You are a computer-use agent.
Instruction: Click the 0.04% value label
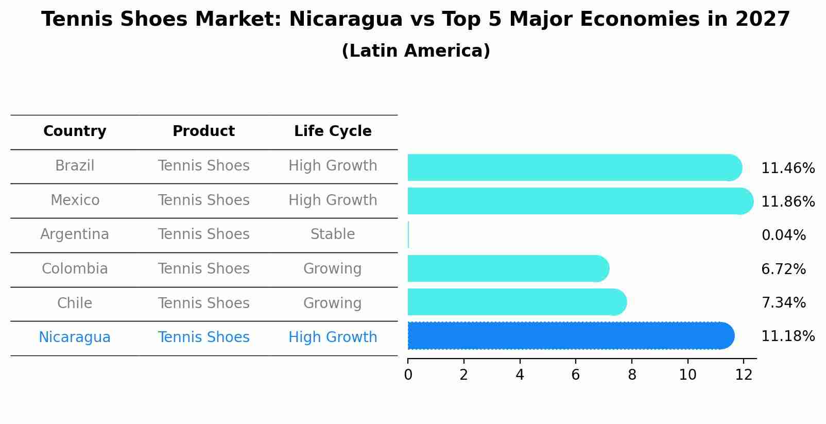[x=783, y=235]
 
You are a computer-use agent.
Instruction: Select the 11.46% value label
[x=787, y=168]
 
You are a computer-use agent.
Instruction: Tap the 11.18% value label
[x=787, y=336]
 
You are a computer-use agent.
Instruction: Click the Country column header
[x=75, y=131]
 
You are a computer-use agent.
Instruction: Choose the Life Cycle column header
[x=333, y=131]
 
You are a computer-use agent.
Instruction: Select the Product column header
[x=203, y=131]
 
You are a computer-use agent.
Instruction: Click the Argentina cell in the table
[x=75, y=234]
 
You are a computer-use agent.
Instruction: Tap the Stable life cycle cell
[x=333, y=234]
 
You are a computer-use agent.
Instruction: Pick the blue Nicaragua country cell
[x=75, y=337]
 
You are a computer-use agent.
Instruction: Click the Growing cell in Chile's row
[x=333, y=303]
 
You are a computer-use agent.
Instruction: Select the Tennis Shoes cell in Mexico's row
[x=203, y=200]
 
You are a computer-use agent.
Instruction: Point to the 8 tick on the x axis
[x=632, y=375]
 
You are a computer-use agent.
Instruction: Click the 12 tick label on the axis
[x=744, y=375]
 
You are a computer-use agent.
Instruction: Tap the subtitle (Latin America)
[x=416, y=51]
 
